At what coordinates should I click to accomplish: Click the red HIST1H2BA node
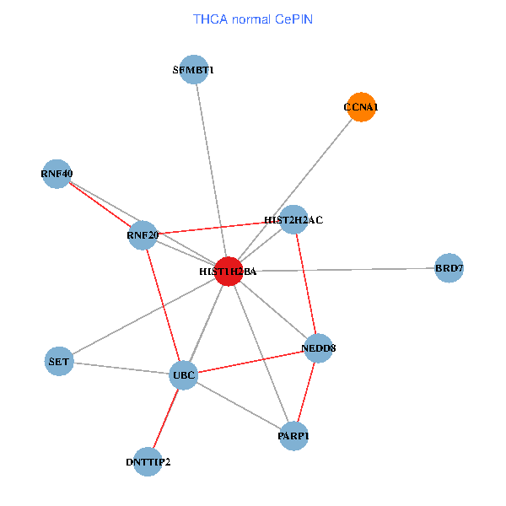tap(229, 272)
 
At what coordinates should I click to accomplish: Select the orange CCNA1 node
tap(361, 107)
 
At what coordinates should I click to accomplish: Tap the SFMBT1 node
tap(194, 70)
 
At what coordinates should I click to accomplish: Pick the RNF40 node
tap(57, 174)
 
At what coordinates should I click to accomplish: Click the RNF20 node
tap(143, 234)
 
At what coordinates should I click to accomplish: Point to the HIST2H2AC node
tap(293, 219)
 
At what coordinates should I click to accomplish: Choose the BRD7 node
tap(449, 268)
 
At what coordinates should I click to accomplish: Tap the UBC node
tap(184, 374)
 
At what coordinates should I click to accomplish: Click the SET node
tap(59, 362)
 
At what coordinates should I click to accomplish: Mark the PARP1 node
tap(293, 435)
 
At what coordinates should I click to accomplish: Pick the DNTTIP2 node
tap(148, 461)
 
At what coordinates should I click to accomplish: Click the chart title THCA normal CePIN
tap(253, 19)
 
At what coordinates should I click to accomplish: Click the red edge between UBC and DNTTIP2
tap(166, 417)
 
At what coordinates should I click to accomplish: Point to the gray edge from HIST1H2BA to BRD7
tap(337, 270)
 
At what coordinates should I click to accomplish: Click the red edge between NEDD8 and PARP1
tap(306, 390)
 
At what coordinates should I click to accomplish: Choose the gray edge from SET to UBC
tap(121, 368)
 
